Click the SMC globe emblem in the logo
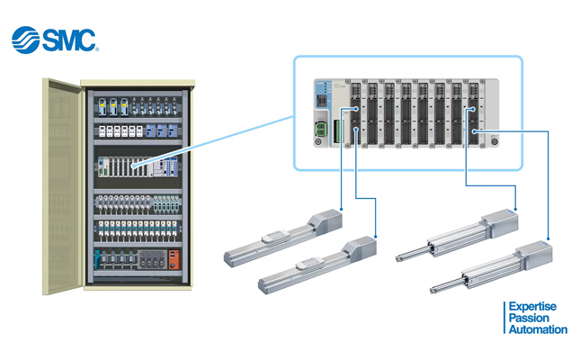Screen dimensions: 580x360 25,40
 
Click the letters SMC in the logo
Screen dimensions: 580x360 69,40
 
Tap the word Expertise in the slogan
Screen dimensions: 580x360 532,307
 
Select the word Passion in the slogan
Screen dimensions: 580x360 529,318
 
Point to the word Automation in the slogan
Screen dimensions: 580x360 538,329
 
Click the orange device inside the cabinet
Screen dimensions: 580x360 174,259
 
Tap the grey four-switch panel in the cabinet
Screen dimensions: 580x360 152,259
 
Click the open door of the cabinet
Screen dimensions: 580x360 63,186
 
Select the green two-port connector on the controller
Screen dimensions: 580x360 320,130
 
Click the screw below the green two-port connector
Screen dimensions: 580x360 318,142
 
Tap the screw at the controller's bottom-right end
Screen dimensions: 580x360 495,141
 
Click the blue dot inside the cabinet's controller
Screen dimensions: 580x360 133,166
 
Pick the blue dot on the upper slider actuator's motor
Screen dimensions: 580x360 341,210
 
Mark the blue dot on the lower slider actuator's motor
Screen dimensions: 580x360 376,237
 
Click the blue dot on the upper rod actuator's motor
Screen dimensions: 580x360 515,210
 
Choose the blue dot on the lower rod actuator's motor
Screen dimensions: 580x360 549,238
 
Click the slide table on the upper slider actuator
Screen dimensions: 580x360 275,237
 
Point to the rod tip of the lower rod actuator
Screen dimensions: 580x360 432,291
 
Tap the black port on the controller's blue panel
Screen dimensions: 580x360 322,101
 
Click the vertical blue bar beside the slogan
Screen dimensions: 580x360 504,318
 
